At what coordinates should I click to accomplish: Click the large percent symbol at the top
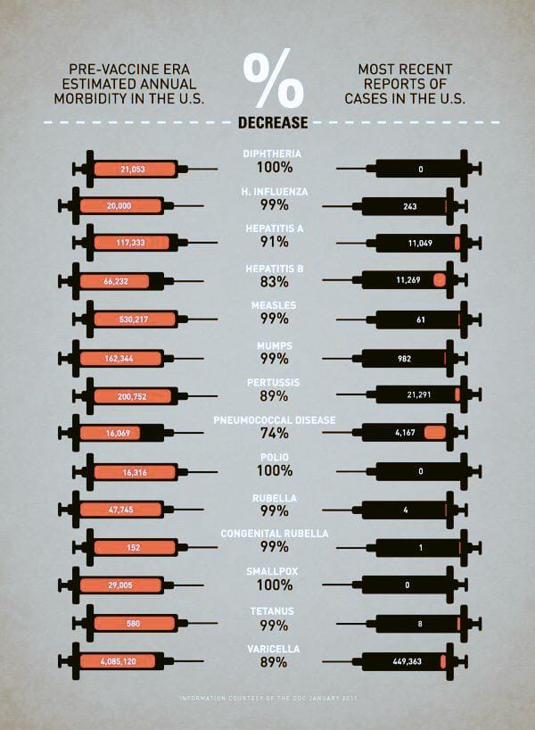pos(273,79)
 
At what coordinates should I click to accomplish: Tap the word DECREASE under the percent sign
pos(273,122)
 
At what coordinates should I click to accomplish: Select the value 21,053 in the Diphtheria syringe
pos(133,169)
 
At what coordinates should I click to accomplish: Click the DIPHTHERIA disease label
pos(272,153)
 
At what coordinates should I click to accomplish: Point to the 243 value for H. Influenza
pos(409,206)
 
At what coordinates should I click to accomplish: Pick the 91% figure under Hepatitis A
pos(272,242)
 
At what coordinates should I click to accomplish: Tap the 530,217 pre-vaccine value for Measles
pos(134,319)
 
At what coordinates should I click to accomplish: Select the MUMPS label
pos(272,344)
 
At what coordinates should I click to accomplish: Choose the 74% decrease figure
pos(272,434)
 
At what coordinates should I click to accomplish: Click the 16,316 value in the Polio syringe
pos(134,472)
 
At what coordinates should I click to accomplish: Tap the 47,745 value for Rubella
pos(119,510)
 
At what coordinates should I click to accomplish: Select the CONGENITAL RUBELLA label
pos(272,534)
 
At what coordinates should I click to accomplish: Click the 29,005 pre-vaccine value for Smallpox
pos(119,585)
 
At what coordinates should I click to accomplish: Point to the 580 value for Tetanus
pos(134,623)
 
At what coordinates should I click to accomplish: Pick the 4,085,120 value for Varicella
pos(117,661)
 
